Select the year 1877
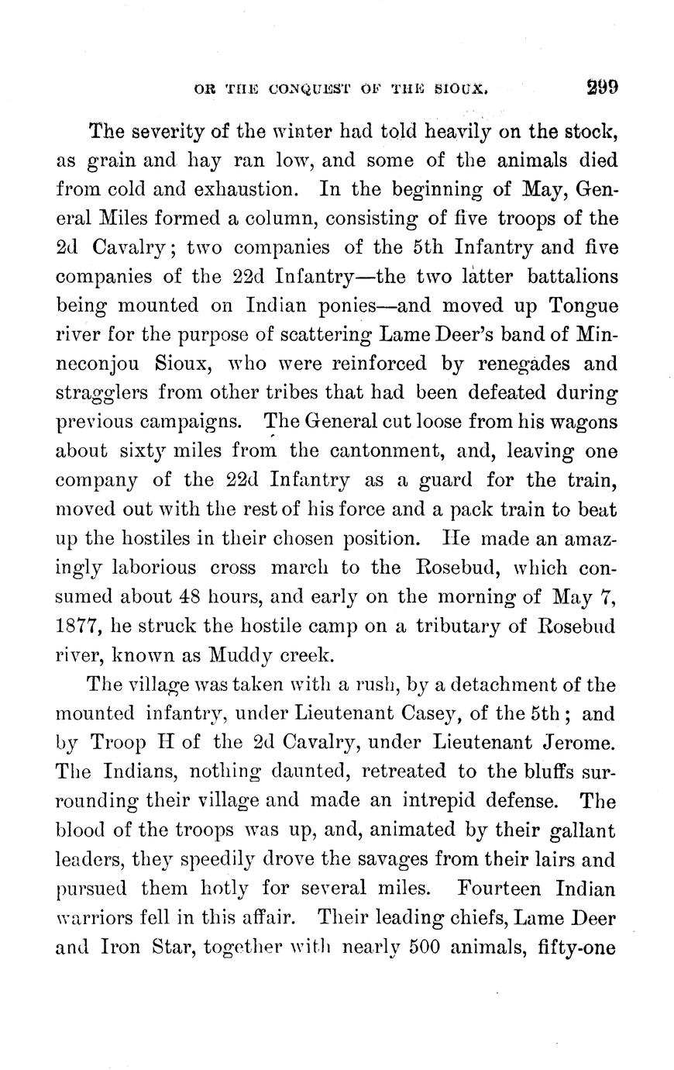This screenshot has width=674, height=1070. [79, 626]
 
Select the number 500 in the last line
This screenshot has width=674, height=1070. [407, 947]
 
